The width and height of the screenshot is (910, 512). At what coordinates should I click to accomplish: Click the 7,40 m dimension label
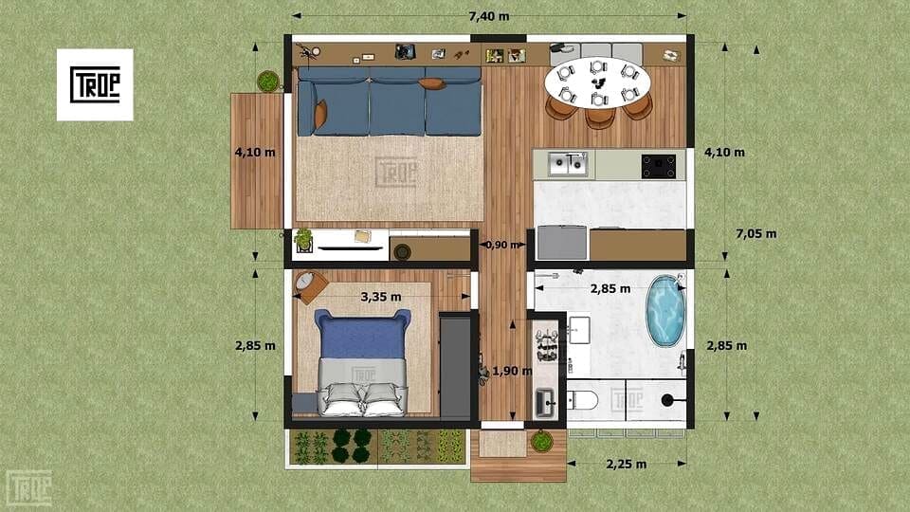[489, 16]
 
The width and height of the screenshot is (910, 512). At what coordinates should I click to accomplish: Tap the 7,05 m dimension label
[755, 234]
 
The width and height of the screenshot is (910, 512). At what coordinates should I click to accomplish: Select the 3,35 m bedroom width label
[381, 297]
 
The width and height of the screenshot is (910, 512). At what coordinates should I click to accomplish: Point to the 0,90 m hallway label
[502, 245]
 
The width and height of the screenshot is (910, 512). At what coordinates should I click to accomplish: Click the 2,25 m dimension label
[627, 464]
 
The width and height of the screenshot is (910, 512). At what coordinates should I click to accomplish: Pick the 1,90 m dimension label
[512, 371]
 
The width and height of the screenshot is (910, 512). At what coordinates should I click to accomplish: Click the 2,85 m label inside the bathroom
[610, 288]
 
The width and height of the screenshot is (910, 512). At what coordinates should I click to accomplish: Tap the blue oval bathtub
[665, 311]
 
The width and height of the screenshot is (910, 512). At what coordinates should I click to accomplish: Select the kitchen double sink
[568, 164]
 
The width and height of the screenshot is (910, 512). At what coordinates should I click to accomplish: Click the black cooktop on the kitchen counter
[659, 166]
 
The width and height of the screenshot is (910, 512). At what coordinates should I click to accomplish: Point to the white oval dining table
[598, 82]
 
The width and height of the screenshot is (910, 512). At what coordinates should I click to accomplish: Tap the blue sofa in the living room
[390, 102]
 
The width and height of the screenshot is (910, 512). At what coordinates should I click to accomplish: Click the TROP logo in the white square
[95, 84]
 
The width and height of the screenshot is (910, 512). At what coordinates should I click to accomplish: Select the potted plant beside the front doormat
[541, 441]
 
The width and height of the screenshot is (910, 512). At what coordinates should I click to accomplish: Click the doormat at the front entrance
[502, 444]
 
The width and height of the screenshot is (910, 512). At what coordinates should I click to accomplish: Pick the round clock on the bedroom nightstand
[305, 281]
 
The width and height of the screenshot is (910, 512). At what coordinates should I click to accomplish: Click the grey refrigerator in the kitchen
[562, 243]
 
